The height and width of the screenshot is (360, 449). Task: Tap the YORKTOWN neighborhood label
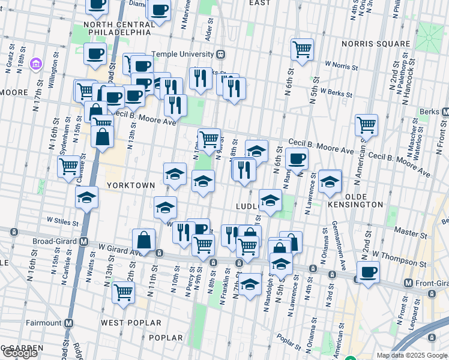tap(130, 185)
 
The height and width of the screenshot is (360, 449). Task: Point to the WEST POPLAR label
tap(131, 323)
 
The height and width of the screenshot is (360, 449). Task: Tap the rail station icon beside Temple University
tap(221, 54)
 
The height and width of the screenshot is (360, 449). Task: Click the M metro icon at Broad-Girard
tap(84, 242)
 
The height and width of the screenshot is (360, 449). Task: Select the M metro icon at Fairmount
tap(68, 323)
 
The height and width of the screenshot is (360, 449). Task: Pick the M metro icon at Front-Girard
tap(408, 283)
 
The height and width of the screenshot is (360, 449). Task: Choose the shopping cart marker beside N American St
tap(366, 125)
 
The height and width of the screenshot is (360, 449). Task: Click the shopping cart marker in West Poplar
tap(123, 292)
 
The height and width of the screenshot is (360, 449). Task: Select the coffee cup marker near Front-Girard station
tap(368, 272)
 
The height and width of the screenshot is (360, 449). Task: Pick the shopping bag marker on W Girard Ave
tap(144, 240)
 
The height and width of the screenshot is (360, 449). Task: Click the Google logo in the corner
tap(19, 353)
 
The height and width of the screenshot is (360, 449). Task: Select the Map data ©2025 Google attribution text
tap(412, 355)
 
